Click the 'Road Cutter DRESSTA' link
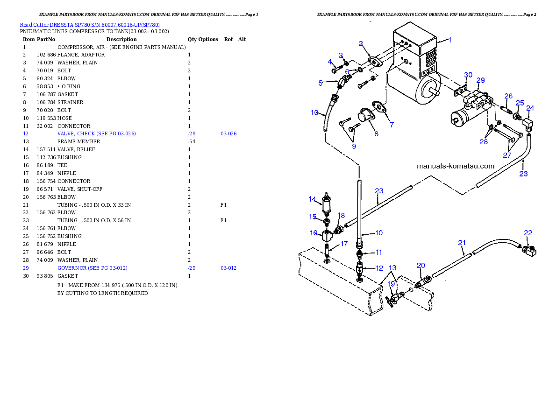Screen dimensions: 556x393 point(46,25)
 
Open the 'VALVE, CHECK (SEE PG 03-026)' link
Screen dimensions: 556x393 point(96,133)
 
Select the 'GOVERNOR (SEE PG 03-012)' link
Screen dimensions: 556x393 point(92,268)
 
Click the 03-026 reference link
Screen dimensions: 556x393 point(228,133)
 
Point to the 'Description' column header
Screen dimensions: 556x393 point(121,39)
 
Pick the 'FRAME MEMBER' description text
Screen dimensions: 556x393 point(78,141)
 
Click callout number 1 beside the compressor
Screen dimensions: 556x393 point(450,40)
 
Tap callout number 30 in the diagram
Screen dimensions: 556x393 point(468,75)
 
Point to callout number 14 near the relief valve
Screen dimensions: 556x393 point(312,199)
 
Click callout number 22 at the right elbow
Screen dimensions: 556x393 point(528,233)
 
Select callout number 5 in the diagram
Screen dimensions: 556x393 point(321,83)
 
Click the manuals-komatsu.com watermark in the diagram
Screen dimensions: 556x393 point(456,166)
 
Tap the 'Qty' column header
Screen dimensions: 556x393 point(192,39)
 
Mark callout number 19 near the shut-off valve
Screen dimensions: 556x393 point(391,284)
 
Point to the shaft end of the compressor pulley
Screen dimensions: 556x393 point(437,93)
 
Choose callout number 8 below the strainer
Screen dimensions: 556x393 point(376,133)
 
